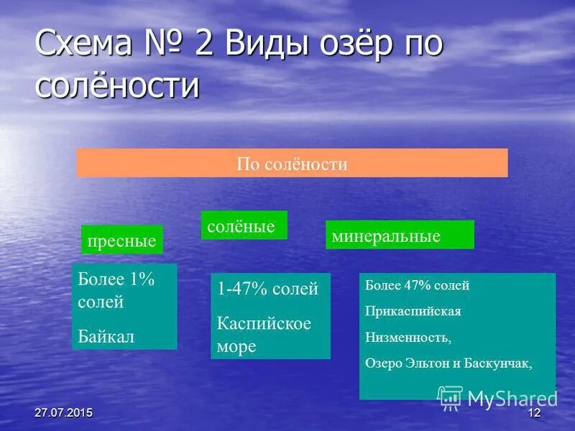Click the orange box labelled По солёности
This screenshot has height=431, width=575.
click(292, 164)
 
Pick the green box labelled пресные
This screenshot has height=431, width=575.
click(121, 241)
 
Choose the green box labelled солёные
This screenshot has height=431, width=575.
click(243, 226)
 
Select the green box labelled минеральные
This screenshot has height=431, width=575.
click(399, 236)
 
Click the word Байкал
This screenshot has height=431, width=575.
click(106, 336)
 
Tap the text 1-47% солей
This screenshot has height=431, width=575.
click(267, 289)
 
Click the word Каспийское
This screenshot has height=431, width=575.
click(264, 323)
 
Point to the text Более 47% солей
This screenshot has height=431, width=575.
click(417, 286)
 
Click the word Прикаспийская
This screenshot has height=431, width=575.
click(413, 312)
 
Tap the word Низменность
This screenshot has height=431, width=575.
click(408, 337)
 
